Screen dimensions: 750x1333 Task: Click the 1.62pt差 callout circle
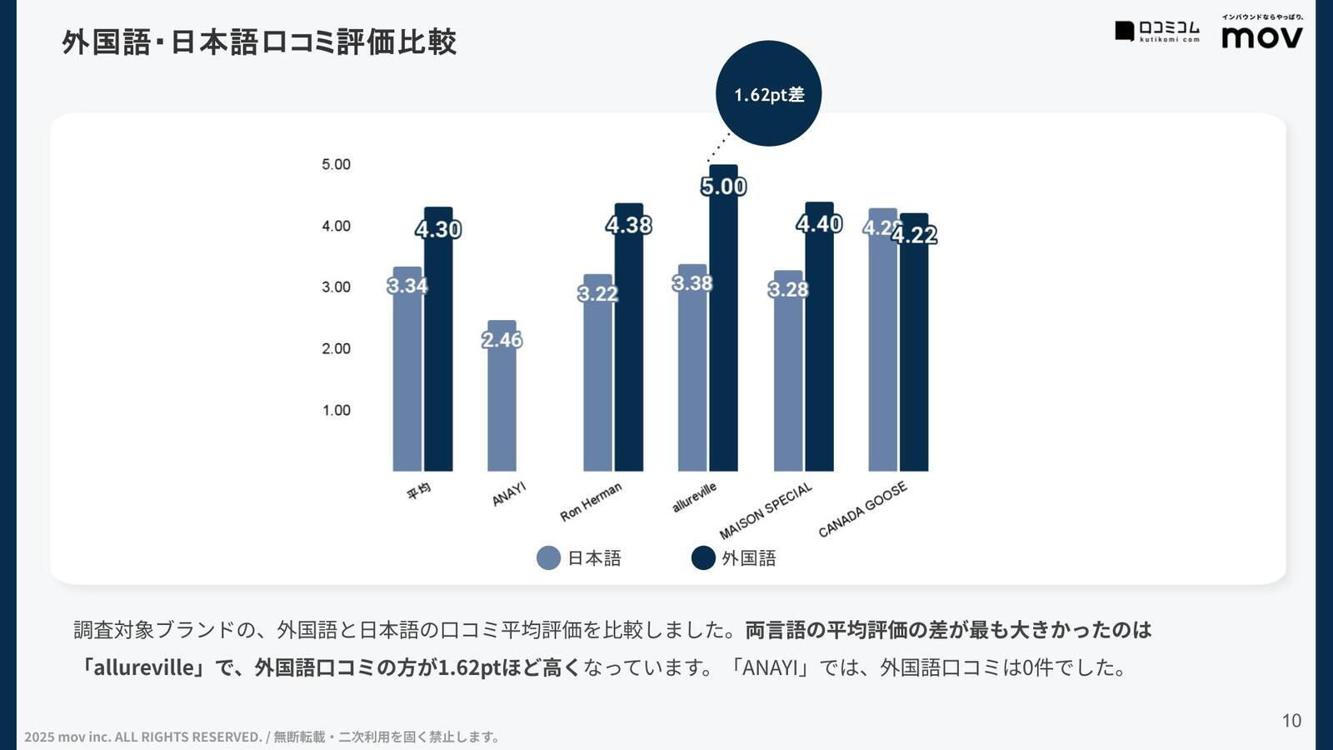(x=768, y=93)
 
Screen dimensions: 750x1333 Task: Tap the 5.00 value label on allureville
(x=723, y=187)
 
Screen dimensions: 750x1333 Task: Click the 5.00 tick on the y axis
(x=336, y=164)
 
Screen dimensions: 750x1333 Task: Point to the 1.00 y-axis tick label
(x=336, y=410)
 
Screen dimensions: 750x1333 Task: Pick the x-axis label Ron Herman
(x=591, y=502)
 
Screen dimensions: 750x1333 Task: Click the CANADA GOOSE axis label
(x=862, y=509)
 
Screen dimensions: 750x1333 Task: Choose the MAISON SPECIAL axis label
(x=766, y=511)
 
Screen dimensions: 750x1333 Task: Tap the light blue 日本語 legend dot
(x=548, y=558)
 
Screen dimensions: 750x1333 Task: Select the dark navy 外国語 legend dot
(x=703, y=558)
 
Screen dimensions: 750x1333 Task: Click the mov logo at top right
(x=1261, y=36)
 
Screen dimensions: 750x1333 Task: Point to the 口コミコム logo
(x=1158, y=32)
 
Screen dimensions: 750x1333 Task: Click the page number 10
(x=1291, y=721)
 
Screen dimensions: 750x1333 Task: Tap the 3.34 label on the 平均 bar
(x=407, y=286)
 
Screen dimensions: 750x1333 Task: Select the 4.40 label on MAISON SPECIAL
(x=819, y=224)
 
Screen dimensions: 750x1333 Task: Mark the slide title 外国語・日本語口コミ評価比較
(x=259, y=42)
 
